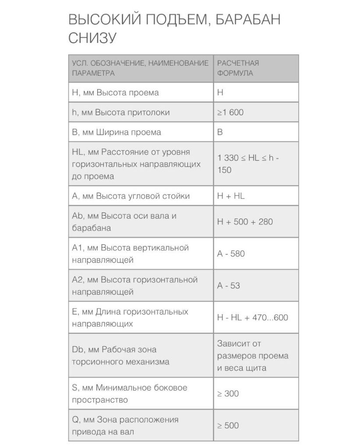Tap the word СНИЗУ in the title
coord(92,38)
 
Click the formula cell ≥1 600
coord(230,112)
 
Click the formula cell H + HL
coord(231,196)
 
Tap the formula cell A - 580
coord(231,254)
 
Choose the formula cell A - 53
coord(229,286)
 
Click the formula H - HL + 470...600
coord(253,318)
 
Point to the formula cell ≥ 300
coord(228,394)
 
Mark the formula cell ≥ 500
coord(228,426)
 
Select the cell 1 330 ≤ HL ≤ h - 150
coord(248,164)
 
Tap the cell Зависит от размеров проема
coord(253,356)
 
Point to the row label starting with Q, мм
coord(125,426)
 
